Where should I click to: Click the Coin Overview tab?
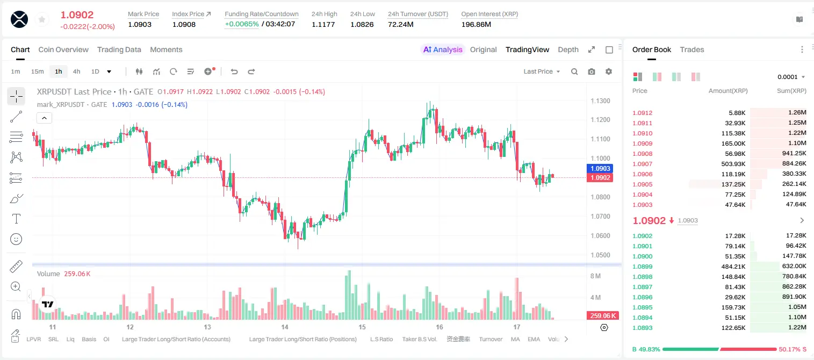pyautogui.click(x=63, y=49)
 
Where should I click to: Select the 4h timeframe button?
pyautogui.click(x=76, y=71)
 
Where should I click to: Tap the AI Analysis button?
pyautogui.click(x=443, y=49)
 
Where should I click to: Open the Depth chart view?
pyautogui.click(x=568, y=49)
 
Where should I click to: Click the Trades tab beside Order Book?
pyautogui.click(x=692, y=49)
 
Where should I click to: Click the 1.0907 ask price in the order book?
pyautogui.click(x=643, y=164)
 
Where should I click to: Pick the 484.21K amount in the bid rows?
pyautogui.click(x=733, y=267)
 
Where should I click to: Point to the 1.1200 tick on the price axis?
pyautogui.click(x=600, y=119)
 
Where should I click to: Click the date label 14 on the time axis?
pyautogui.click(x=285, y=327)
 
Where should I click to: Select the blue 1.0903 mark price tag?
pyautogui.click(x=600, y=169)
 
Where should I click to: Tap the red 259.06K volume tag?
pyautogui.click(x=603, y=316)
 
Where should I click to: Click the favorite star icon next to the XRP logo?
pyautogui.click(x=42, y=19)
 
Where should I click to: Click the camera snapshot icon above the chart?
pyautogui.click(x=592, y=71)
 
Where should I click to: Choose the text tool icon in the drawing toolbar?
pyautogui.click(x=16, y=219)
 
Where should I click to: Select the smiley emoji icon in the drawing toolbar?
pyautogui.click(x=16, y=239)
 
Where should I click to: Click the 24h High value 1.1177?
pyautogui.click(x=323, y=24)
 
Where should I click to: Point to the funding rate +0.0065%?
pyautogui.click(x=242, y=24)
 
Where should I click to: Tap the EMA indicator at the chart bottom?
pyautogui.click(x=534, y=339)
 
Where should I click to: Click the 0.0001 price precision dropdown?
pyautogui.click(x=791, y=77)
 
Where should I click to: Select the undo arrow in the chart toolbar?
pyautogui.click(x=234, y=71)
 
